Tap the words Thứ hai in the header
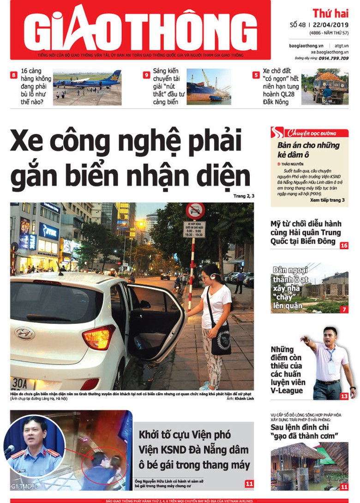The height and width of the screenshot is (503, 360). click(x=330, y=13)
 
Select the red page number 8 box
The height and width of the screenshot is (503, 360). click(x=14, y=75)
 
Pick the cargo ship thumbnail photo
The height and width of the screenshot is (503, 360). click(x=208, y=87)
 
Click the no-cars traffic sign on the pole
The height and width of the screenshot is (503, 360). click(x=195, y=211)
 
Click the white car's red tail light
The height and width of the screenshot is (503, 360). click(x=98, y=337)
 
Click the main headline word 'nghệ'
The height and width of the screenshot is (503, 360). click(x=153, y=142)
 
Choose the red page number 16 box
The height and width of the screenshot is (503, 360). click(x=344, y=245)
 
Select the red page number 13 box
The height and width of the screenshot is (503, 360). click(x=344, y=396)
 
